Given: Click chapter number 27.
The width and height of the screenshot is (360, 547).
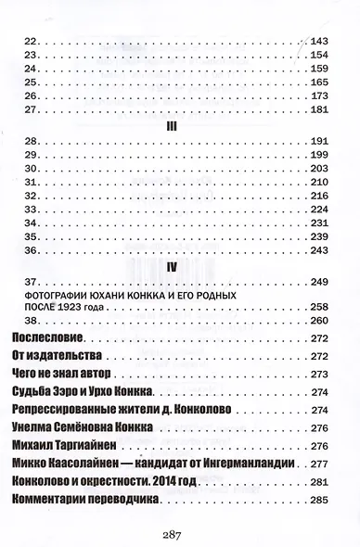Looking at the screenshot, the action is [29, 109].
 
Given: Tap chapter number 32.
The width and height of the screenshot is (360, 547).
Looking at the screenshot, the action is [29, 197].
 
